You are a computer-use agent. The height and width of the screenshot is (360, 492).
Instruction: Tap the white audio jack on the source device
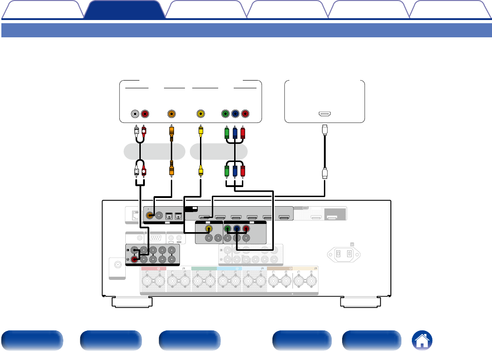click(x=135, y=113)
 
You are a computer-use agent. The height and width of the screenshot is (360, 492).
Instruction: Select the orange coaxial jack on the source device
click(x=171, y=113)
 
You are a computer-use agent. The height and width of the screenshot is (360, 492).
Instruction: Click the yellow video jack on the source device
click(x=200, y=113)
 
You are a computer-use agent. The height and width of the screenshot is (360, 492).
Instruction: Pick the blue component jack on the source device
click(x=236, y=113)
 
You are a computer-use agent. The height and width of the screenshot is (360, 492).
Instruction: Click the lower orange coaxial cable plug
click(x=171, y=171)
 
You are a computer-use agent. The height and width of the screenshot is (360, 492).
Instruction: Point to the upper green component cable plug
click(x=226, y=133)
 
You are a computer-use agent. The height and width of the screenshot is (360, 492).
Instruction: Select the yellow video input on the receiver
click(x=208, y=229)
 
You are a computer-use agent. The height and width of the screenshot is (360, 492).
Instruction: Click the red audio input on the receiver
click(x=135, y=259)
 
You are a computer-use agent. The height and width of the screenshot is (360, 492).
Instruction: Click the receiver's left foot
click(x=133, y=302)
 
